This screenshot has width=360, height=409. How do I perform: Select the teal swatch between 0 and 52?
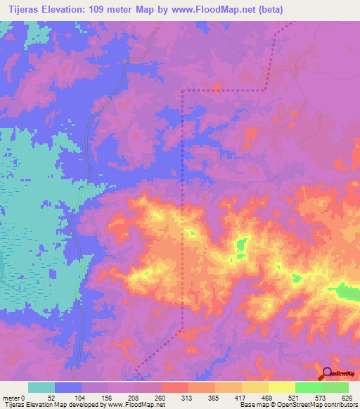(x=41, y=387)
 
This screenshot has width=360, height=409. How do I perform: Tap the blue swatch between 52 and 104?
(x=68, y=387)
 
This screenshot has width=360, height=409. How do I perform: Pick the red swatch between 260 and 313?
(x=175, y=387)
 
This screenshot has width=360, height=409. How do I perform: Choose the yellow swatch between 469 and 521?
(x=282, y=387)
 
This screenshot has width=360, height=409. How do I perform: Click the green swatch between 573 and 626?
(x=335, y=387)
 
